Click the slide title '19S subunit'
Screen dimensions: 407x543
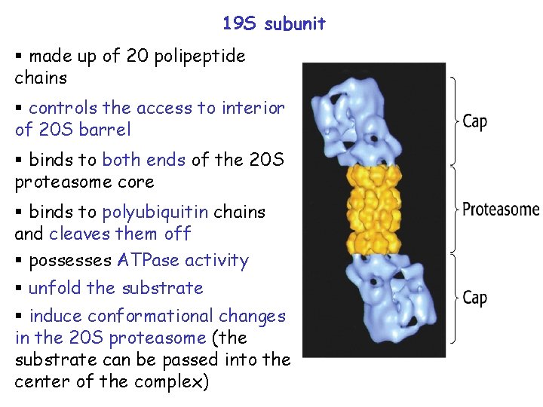[274, 23]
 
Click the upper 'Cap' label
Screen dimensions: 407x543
[474, 121]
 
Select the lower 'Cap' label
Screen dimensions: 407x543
[474, 297]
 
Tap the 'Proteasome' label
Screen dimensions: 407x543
[501, 209]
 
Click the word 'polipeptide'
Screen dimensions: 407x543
[199, 57]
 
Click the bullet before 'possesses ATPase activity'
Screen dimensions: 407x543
[20, 262]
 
